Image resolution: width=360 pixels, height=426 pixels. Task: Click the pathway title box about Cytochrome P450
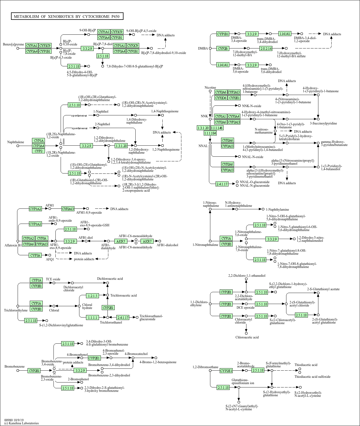[67, 17]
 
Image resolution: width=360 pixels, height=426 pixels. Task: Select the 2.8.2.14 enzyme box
[266, 48]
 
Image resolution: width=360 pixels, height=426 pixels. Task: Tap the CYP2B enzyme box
[223, 48]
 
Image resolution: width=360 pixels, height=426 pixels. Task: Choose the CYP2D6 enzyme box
[221, 98]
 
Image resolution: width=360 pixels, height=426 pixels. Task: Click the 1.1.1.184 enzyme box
[210, 133]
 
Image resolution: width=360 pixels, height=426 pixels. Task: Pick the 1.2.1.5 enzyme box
[92, 296]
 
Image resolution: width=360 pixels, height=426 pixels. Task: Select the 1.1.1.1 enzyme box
[92, 318]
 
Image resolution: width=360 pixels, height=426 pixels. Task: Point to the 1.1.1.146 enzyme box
[217, 128]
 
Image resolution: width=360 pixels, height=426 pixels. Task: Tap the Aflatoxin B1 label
[11, 245]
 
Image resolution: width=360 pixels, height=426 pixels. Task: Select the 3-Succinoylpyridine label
[323, 123]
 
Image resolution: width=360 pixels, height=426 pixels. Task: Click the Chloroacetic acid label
[247, 337]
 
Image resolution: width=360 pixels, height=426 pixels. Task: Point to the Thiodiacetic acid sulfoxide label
[312, 377]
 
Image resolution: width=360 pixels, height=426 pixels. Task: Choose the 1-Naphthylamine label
[277, 210]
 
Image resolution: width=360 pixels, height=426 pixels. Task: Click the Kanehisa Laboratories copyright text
[22, 423]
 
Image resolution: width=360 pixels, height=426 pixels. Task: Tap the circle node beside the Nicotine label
[210, 91]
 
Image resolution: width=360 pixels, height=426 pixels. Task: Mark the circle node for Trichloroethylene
[18, 306]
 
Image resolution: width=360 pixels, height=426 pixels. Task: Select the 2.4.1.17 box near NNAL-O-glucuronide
[222, 184]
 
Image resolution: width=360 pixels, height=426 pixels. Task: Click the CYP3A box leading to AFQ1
[35, 256]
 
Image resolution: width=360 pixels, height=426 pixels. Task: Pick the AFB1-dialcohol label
[167, 245]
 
